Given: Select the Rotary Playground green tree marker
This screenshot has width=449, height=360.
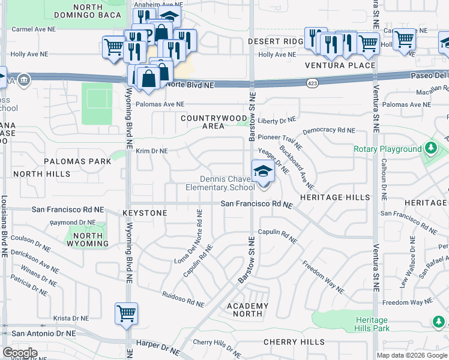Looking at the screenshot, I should [x=430, y=148].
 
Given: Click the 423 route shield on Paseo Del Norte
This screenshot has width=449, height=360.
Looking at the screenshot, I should [x=312, y=80].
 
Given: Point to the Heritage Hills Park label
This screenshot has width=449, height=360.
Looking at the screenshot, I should [x=372, y=324].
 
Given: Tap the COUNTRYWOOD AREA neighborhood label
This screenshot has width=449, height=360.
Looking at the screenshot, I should [x=214, y=122].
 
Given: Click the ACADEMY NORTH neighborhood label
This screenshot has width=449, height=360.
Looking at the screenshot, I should [x=247, y=310].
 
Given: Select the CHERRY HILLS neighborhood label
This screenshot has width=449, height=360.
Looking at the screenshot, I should [x=294, y=342].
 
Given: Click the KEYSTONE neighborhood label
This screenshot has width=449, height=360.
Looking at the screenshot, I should [x=145, y=213].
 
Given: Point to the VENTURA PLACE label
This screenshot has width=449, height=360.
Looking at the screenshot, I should [x=340, y=65].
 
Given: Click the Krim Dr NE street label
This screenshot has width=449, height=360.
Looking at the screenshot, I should [x=151, y=151].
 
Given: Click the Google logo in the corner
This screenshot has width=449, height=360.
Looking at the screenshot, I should [x=20, y=353].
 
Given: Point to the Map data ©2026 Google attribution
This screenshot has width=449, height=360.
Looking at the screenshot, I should [x=412, y=355].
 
